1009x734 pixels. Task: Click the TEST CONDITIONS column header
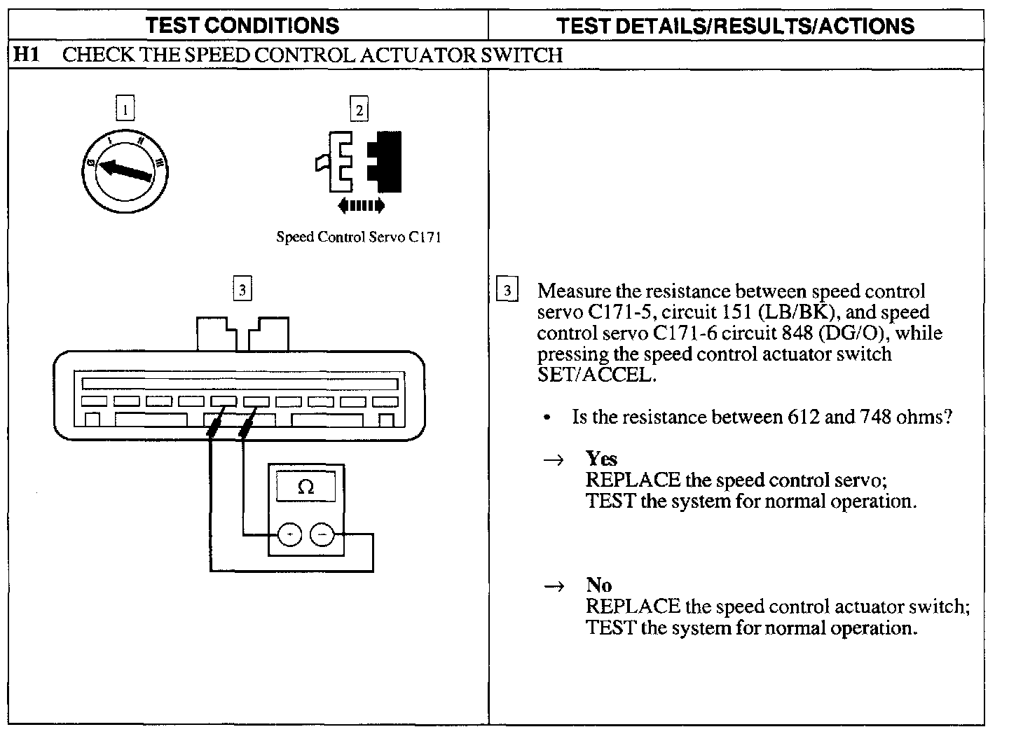tap(242, 26)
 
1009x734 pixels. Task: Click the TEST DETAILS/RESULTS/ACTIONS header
tap(735, 26)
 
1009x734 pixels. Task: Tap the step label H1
tap(27, 55)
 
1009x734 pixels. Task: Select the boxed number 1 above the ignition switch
tap(125, 109)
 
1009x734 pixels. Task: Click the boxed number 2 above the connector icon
tap(359, 110)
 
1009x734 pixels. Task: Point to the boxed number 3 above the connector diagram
tap(242, 289)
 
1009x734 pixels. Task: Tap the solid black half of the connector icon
tap(389, 162)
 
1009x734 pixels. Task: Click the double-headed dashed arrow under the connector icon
tap(361, 206)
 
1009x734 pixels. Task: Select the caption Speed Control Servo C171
tap(358, 237)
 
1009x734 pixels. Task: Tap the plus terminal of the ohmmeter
tap(289, 536)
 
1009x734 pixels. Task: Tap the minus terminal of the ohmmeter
tap(322, 536)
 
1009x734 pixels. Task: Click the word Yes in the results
tap(601, 459)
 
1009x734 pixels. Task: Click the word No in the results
tap(599, 586)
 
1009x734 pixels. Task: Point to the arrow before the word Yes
tap(554, 460)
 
